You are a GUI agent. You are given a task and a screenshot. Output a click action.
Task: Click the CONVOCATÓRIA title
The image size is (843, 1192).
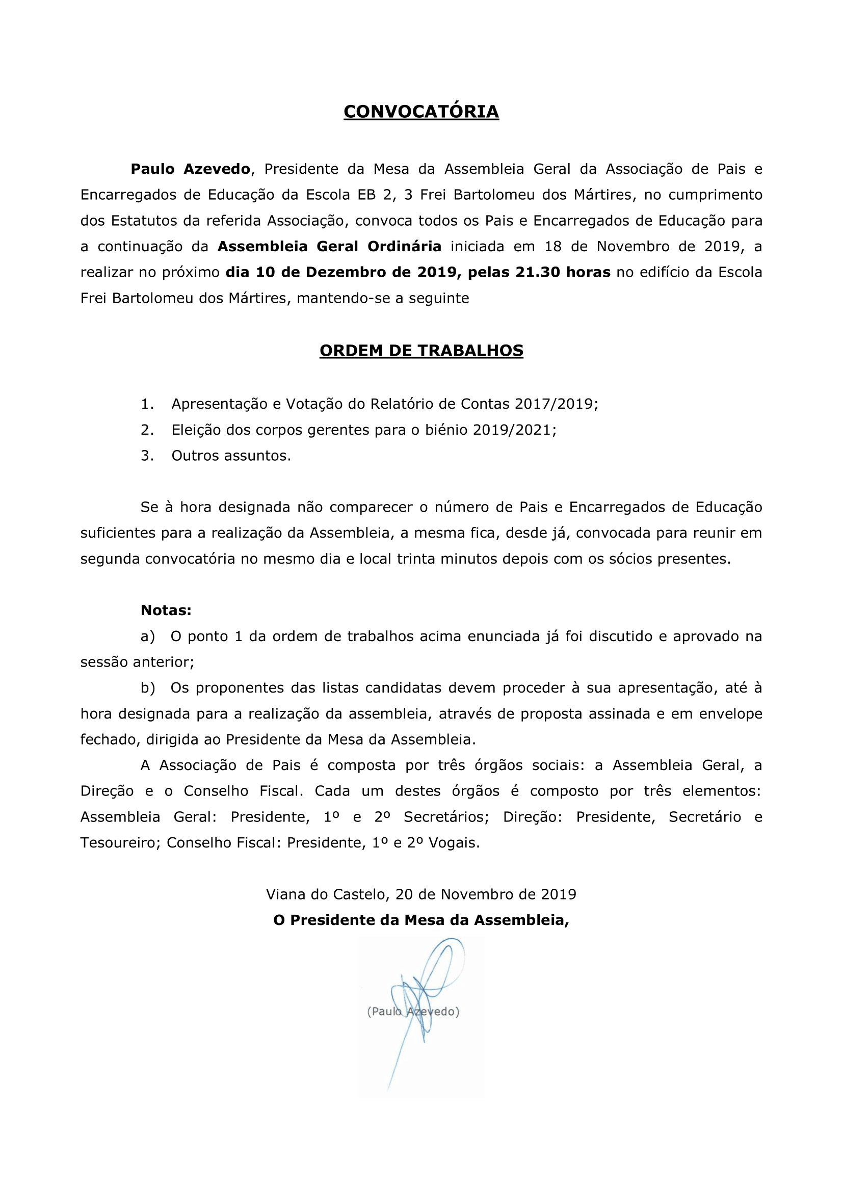[421, 112]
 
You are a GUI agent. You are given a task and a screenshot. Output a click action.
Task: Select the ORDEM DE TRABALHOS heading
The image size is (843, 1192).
[421, 351]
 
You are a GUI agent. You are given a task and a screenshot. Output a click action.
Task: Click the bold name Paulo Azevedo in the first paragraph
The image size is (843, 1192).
[191, 169]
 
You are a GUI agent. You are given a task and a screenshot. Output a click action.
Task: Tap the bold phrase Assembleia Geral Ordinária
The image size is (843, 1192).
[329, 247]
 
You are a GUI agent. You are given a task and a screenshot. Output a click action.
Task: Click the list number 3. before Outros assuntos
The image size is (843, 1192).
[147, 456]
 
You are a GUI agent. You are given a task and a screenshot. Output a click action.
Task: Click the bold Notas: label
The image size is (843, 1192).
[166, 611]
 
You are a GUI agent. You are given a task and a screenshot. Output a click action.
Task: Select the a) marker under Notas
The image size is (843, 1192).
[147, 637]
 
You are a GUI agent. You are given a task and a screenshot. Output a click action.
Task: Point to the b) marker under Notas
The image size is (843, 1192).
[147, 688]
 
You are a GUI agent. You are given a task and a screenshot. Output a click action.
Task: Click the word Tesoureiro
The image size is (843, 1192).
[120, 842]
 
